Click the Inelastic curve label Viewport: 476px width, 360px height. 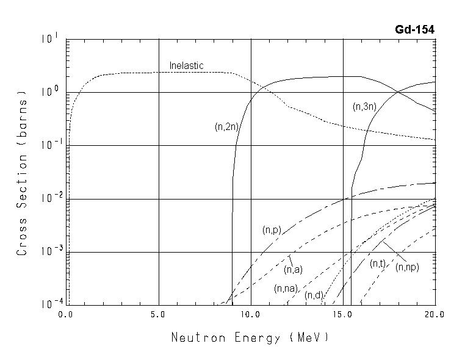pos(186,65)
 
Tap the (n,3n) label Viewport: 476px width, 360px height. pos(365,107)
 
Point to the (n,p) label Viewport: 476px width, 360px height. pos(272,230)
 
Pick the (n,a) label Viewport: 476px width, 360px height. pos(293,269)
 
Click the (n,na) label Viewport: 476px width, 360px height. pos(285,288)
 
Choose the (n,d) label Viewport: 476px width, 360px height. pos(314,295)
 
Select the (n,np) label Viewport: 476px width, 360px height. pos(407,267)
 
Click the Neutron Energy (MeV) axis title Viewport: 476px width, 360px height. pos(250,337)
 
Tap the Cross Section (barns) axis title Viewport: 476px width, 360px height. pos(22,173)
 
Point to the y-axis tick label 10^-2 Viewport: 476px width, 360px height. pos(50,198)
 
